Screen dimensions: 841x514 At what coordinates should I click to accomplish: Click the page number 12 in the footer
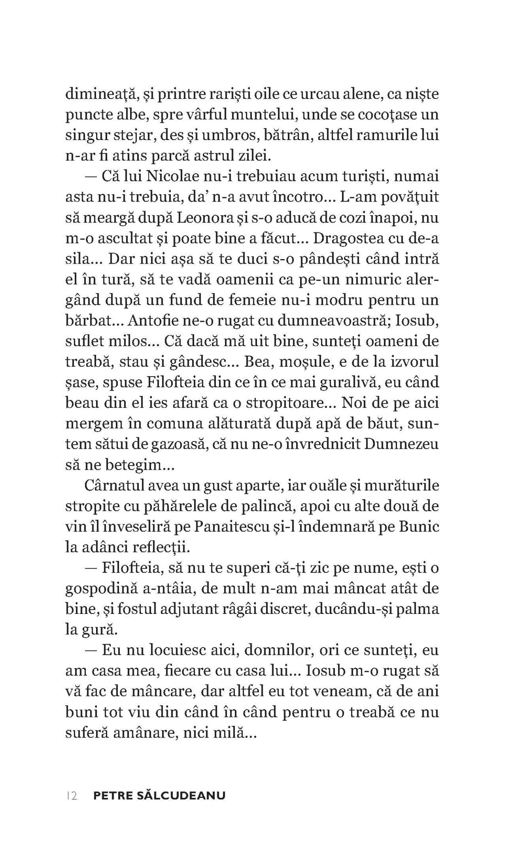(x=71, y=796)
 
